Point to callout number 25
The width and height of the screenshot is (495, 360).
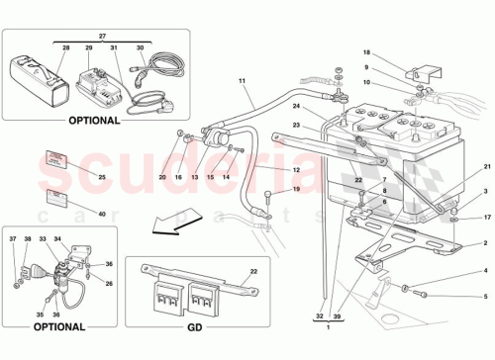click(x=73, y=176)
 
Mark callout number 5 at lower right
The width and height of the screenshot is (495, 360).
click(x=485, y=296)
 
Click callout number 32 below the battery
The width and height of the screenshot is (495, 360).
click(x=319, y=315)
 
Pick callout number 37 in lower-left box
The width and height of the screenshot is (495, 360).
click(x=14, y=239)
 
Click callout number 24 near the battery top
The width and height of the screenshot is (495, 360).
click(x=295, y=106)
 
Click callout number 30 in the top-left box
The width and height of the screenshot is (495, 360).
click(x=141, y=47)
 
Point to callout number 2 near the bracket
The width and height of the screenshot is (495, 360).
click(x=485, y=242)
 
